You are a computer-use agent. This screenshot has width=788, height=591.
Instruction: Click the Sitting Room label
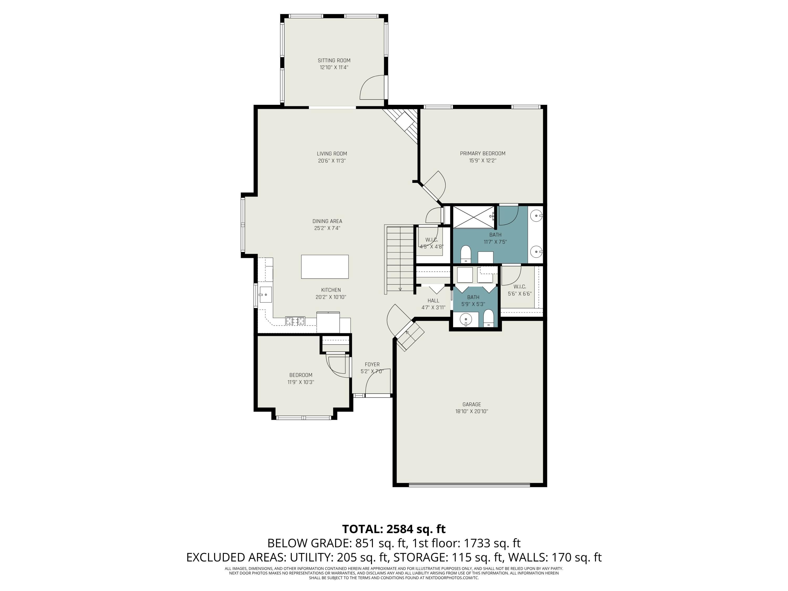click(334, 61)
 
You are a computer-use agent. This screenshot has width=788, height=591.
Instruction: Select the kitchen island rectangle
click(325, 266)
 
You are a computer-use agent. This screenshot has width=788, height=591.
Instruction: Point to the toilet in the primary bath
click(466, 254)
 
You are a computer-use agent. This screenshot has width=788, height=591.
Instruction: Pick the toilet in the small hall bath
click(488, 318)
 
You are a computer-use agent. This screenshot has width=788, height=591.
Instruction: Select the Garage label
click(472, 404)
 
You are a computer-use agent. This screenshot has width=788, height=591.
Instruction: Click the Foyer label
click(372, 364)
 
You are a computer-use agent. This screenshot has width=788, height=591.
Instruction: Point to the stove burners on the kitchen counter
click(295, 321)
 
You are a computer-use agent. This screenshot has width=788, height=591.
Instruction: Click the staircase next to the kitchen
click(400, 259)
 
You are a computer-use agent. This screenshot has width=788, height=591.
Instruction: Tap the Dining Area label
click(327, 221)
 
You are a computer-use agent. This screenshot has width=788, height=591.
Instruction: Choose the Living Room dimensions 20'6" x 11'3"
click(332, 161)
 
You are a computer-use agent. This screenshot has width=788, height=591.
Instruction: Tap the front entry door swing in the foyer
click(378, 381)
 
